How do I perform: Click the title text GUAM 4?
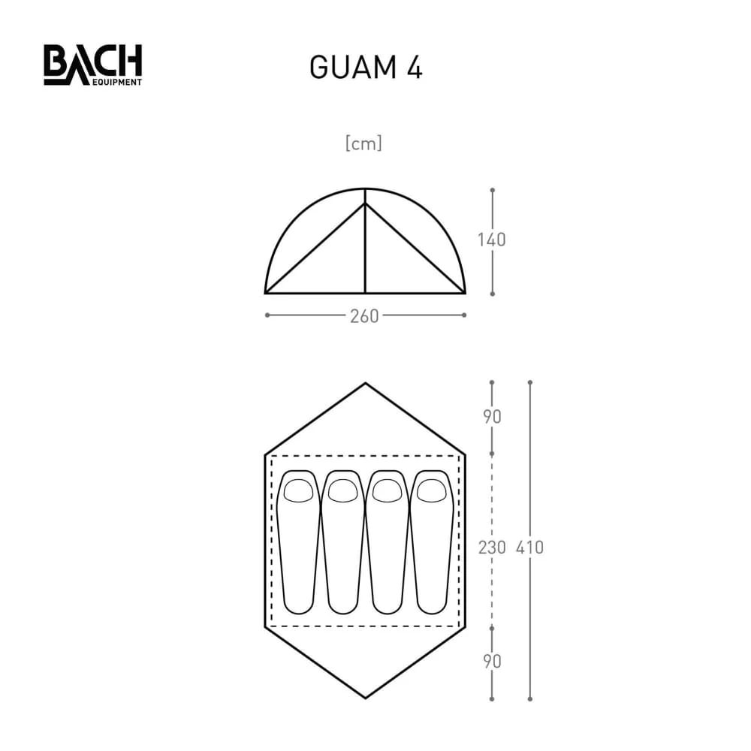pos(366,68)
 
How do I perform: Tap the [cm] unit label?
pos(363,143)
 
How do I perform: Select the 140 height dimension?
pos(492,240)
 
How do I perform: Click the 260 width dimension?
pos(364,316)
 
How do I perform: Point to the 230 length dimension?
pos(492,547)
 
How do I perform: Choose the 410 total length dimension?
pos(530,547)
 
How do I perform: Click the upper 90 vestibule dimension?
pos(492,417)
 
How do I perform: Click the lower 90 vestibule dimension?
pos(492,662)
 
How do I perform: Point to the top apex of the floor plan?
pos(365,384)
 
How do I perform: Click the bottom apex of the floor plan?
pos(365,698)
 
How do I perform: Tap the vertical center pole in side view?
pos(365,248)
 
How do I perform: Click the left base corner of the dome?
pos(266,293)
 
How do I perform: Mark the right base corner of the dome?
pos(465,293)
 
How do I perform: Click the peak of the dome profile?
pos(365,189)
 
